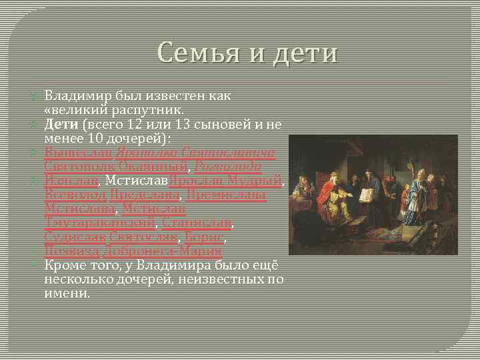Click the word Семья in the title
199,52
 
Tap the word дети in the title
303,52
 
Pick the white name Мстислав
137,180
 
